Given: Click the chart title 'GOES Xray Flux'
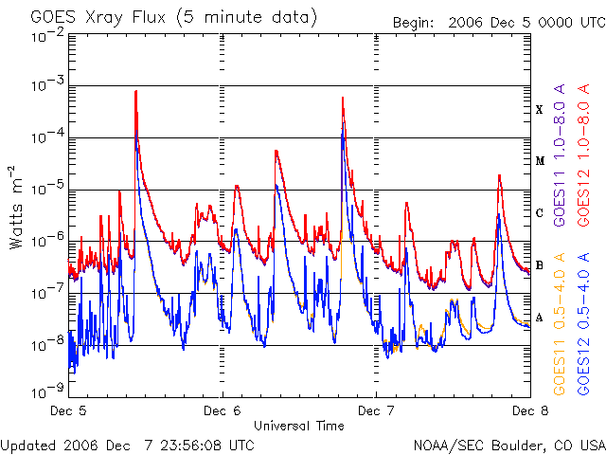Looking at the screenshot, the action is tap(98, 17).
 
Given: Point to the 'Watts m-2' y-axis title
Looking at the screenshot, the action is tap(16, 208).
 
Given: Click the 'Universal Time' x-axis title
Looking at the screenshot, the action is tap(299, 426).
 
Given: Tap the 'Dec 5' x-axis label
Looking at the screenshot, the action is tap(68, 410).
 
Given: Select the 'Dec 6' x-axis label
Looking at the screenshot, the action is tap(223, 410).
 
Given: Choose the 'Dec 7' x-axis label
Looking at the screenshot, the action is tap(376, 410).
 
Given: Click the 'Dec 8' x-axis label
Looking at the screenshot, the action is tap(530, 410).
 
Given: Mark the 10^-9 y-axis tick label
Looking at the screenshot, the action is tap(48, 391).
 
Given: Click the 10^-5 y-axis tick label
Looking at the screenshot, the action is tap(48, 189).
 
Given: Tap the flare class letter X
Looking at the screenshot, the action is tap(539, 110).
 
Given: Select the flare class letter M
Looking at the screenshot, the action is tap(540, 161).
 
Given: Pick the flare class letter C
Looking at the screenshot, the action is tap(540, 213).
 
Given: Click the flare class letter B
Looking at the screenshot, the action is tap(540, 265).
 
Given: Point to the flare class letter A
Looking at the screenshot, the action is tap(540, 318).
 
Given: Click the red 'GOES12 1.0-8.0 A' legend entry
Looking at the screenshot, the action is tap(583, 155).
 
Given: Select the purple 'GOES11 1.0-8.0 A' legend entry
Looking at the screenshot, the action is tap(560, 155).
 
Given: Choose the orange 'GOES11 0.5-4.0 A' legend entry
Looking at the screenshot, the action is tap(560, 323).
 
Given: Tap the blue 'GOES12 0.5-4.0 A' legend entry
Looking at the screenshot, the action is tap(583, 323).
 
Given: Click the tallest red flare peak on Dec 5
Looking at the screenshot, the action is tap(135, 91).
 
